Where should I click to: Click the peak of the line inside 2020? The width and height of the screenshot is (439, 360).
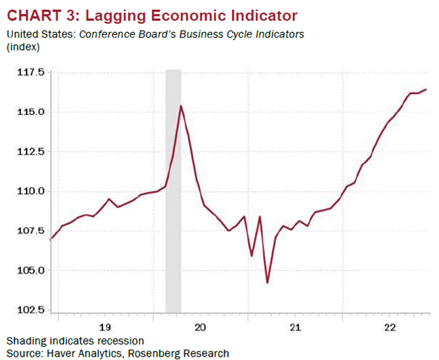coord(181,106)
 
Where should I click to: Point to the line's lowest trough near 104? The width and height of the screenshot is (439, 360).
coord(268,283)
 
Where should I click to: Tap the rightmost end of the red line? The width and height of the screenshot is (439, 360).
coord(426,89)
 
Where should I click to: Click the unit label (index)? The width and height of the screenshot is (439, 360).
coord(23,47)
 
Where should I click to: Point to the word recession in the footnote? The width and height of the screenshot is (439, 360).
coord(120,341)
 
